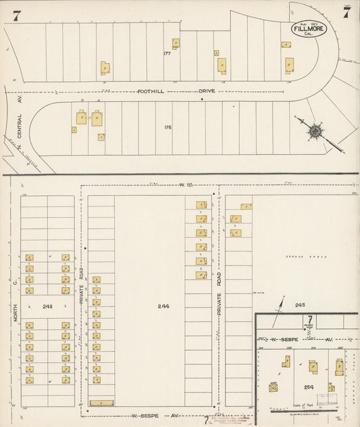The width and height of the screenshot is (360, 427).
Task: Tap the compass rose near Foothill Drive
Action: tap(315, 130)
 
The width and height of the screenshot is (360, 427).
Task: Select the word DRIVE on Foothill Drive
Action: tap(207, 90)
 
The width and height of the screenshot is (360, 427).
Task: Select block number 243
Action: tap(47, 306)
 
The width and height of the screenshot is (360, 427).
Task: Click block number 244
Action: tap(163, 306)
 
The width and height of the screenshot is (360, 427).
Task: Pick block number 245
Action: tap(300, 305)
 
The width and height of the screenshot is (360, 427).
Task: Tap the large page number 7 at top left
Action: tap(16, 16)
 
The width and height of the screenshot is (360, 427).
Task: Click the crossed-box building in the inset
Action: tap(274, 388)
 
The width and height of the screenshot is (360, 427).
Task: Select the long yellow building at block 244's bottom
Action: tap(101, 403)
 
